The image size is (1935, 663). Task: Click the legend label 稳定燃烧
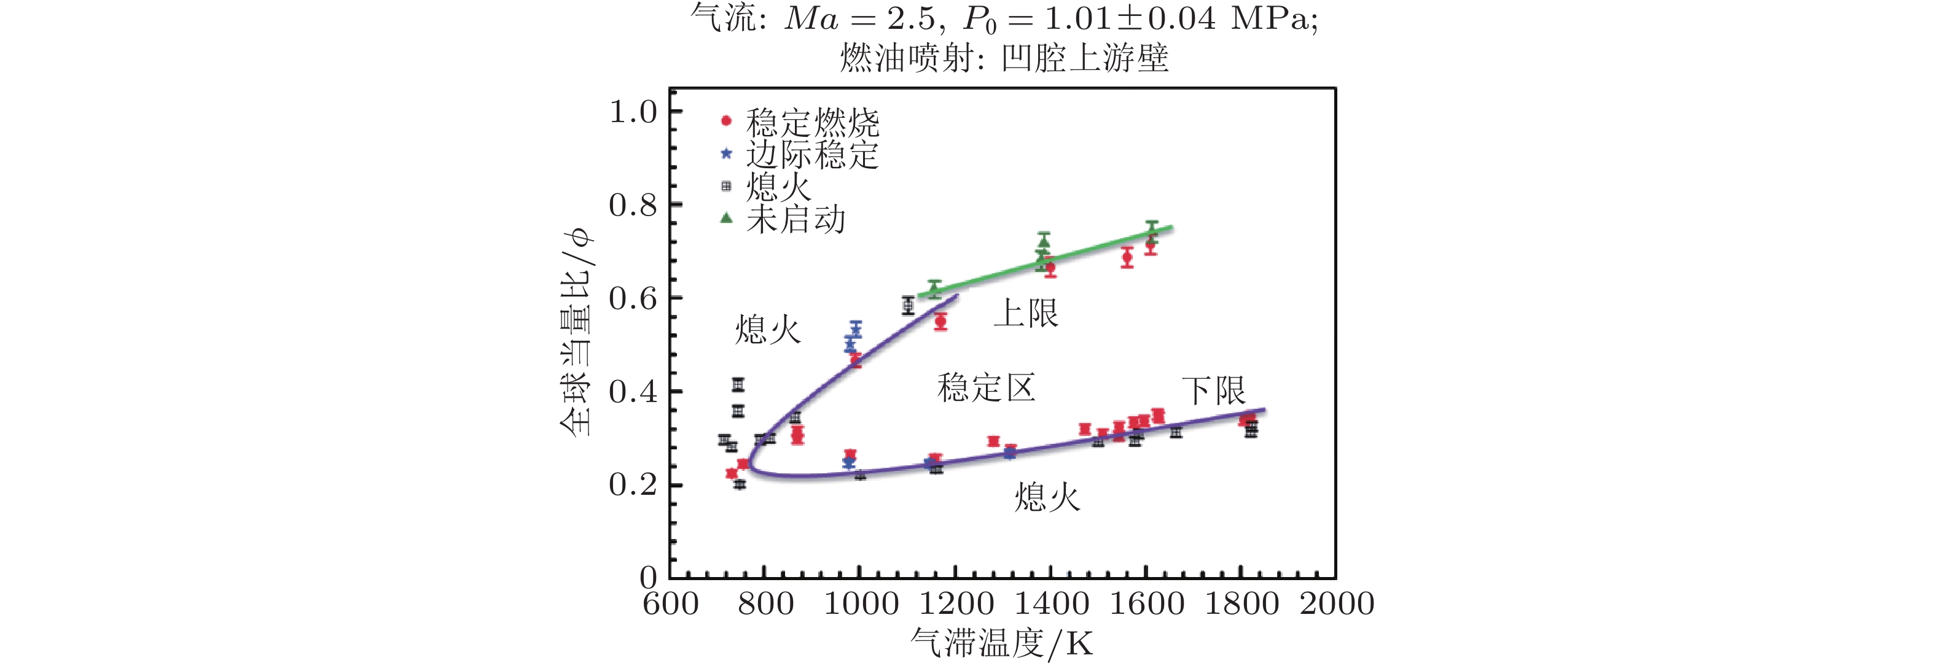[812, 122]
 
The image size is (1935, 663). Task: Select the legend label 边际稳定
[812, 155]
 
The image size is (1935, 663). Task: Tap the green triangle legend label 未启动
[795, 219]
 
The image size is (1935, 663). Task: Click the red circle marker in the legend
[725, 121]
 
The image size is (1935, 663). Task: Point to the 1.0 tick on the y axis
[633, 112]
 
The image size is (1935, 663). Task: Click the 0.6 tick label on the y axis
[633, 298]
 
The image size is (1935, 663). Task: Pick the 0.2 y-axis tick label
[633, 484]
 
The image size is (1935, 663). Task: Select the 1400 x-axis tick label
[1052, 603]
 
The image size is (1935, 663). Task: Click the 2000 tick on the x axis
[1337, 603]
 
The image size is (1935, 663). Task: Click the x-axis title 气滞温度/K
[1002, 643]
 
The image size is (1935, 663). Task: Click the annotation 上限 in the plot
[1025, 312]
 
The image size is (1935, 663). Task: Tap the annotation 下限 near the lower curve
[1213, 390]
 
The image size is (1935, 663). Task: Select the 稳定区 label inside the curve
[987, 387]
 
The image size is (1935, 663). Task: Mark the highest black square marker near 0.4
[738, 384]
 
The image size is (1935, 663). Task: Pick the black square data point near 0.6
[908, 306]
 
